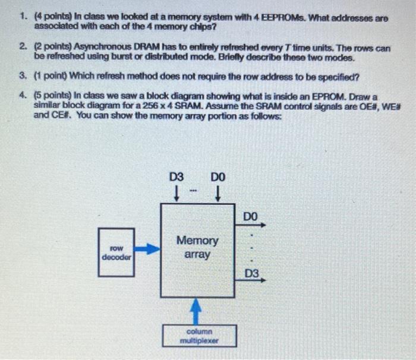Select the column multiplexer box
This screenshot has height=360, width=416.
point(200,336)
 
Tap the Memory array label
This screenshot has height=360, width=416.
point(197,247)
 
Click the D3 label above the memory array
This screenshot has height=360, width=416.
point(177,176)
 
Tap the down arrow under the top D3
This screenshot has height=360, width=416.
point(177,194)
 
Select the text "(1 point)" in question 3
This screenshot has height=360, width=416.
point(51,76)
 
